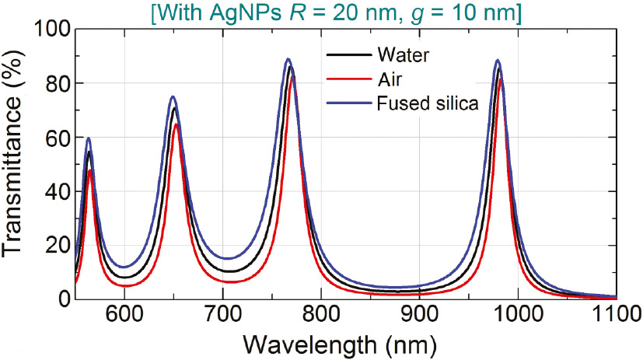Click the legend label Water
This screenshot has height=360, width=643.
404,56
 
